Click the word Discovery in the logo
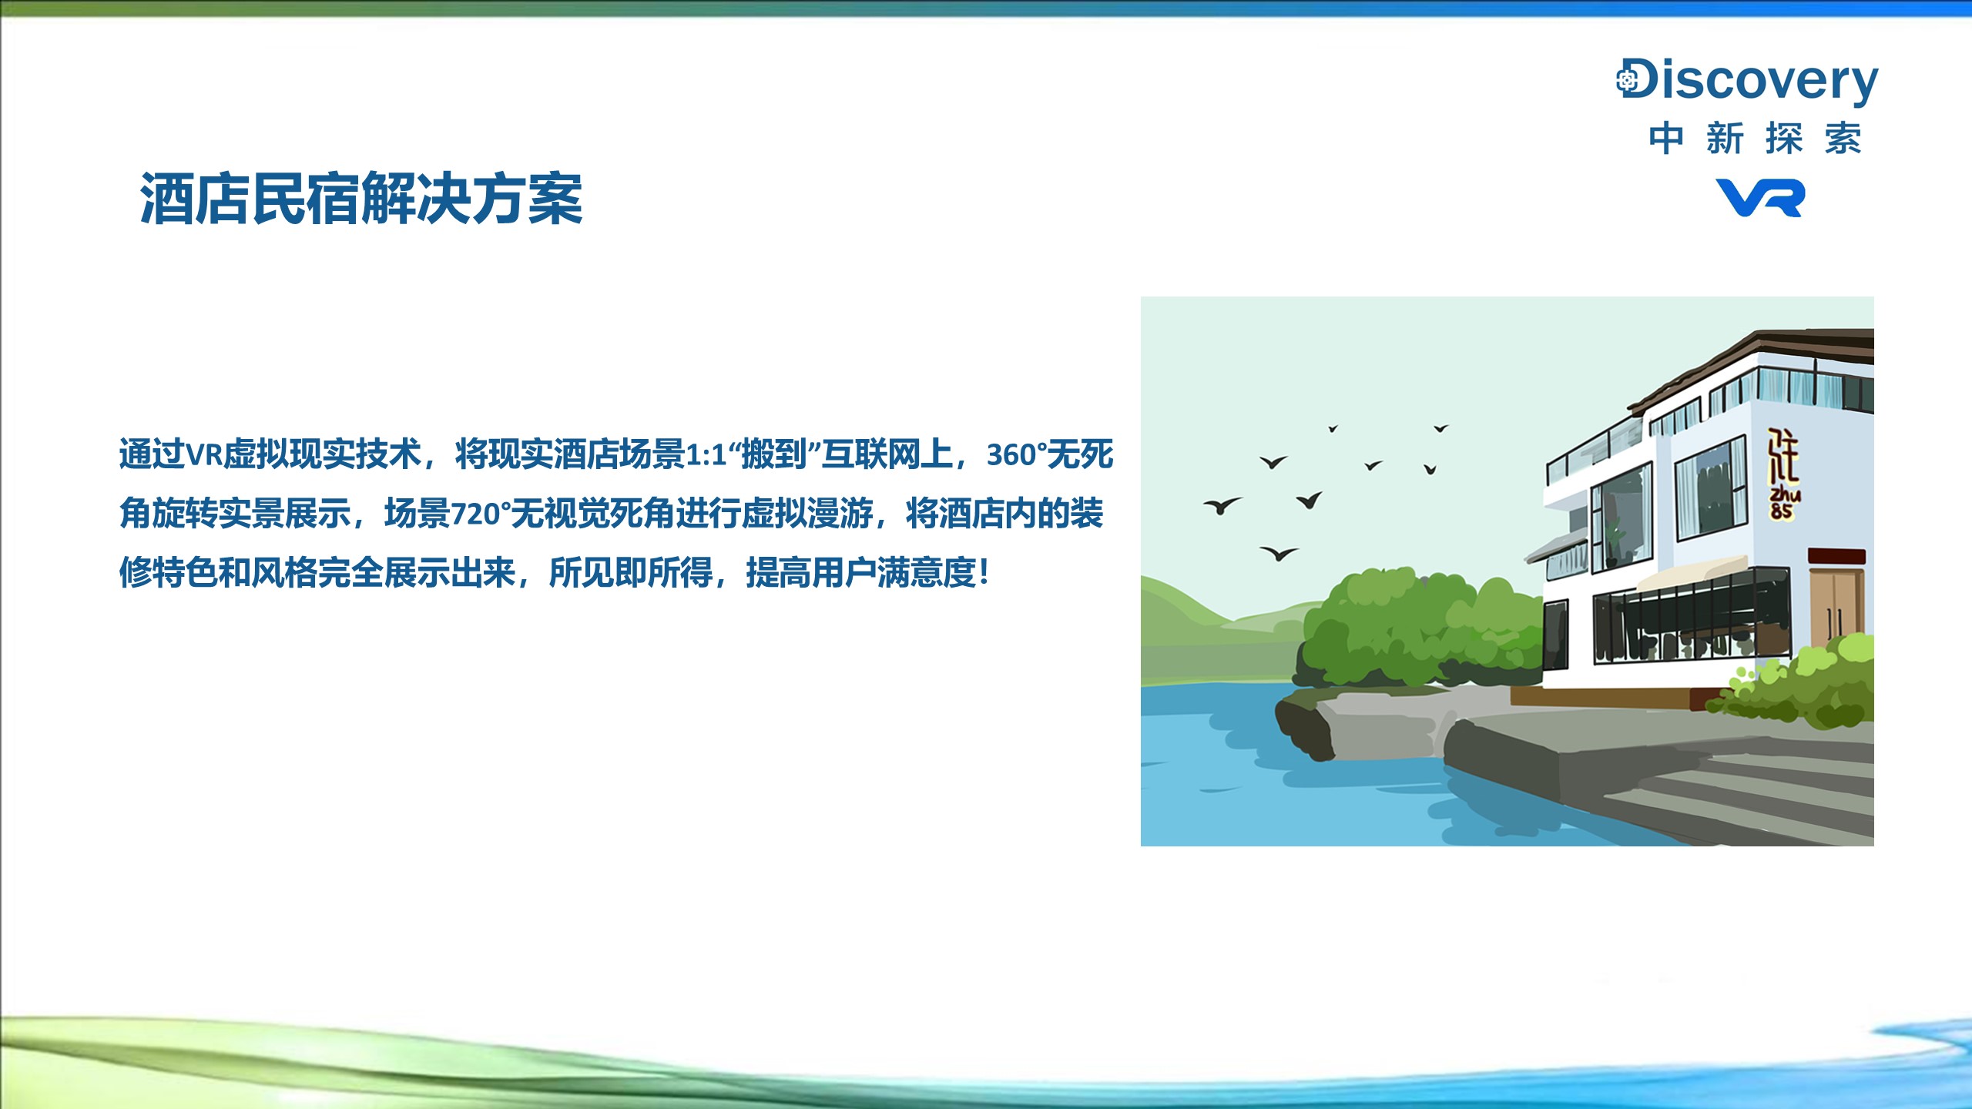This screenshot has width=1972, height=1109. pyautogui.click(x=1747, y=81)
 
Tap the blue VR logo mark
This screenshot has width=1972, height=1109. pyautogui.click(x=1760, y=198)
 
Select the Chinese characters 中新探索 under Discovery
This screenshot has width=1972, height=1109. pyautogui.click(x=1756, y=139)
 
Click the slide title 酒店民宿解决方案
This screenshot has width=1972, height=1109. pyautogui.click(x=361, y=199)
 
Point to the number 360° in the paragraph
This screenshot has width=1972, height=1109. pyautogui.click(x=1017, y=455)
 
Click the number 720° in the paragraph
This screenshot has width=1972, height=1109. pyautogui.click(x=481, y=514)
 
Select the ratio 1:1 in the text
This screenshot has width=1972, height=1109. pyautogui.click(x=706, y=455)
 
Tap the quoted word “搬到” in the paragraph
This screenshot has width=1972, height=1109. pyautogui.click(x=773, y=454)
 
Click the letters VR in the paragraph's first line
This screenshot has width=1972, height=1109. pyautogui.click(x=204, y=455)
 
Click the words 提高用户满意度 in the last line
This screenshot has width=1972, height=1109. pyautogui.click(x=860, y=573)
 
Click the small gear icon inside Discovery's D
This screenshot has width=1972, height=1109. pyautogui.click(x=1627, y=79)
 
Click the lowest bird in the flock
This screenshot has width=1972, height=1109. pyautogui.click(x=1279, y=553)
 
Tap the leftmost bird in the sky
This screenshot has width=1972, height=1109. pyautogui.click(x=1222, y=505)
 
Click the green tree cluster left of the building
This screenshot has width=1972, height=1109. pyautogui.click(x=1417, y=628)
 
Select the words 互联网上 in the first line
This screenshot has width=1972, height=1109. pyautogui.click(x=887, y=454)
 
